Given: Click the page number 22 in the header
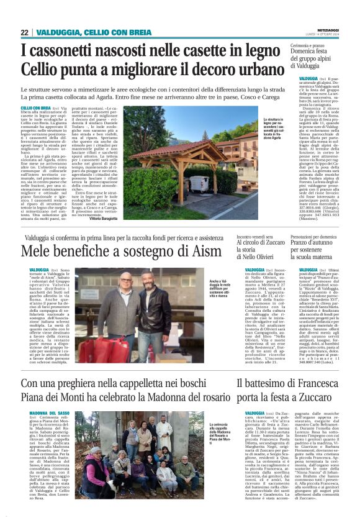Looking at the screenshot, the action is tap(25, 32).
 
